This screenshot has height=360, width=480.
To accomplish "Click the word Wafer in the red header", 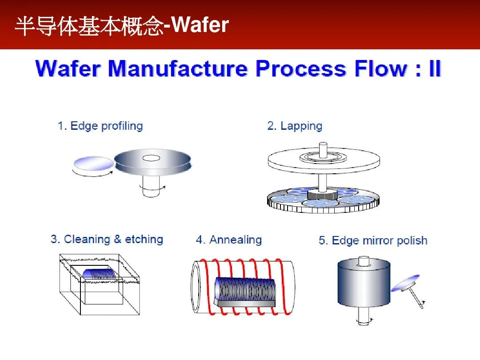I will [x=200, y=25].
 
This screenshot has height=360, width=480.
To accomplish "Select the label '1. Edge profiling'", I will [x=100, y=126].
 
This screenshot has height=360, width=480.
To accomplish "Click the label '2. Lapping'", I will [x=295, y=126].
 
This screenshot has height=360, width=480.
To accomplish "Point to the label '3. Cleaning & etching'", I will [x=107, y=240].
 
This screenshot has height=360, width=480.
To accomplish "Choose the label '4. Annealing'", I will [x=228, y=240].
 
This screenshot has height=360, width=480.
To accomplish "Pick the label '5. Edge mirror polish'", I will [x=373, y=241].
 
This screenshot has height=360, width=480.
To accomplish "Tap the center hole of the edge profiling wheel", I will [x=151, y=158].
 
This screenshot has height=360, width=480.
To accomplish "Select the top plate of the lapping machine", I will [x=324, y=161].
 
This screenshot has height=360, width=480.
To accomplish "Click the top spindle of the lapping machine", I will [x=323, y=148].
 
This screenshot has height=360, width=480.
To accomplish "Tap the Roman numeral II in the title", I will [x=435, y=69].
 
